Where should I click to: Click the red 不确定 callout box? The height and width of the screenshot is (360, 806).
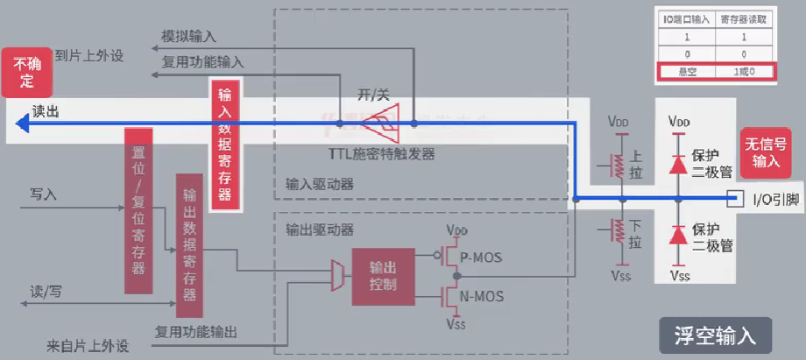(x=26, y=73)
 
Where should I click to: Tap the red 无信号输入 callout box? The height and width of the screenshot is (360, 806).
(x=765, y=152)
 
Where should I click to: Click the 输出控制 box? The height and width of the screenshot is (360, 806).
(x=383, y=277)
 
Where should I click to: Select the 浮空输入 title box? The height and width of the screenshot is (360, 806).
(x=715, y=335)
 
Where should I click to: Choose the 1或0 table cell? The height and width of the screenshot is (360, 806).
(x=745, y=70)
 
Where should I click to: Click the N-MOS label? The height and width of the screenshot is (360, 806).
(x=482, y=295)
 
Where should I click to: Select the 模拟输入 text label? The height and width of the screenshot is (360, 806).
(x=188, y=38)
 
